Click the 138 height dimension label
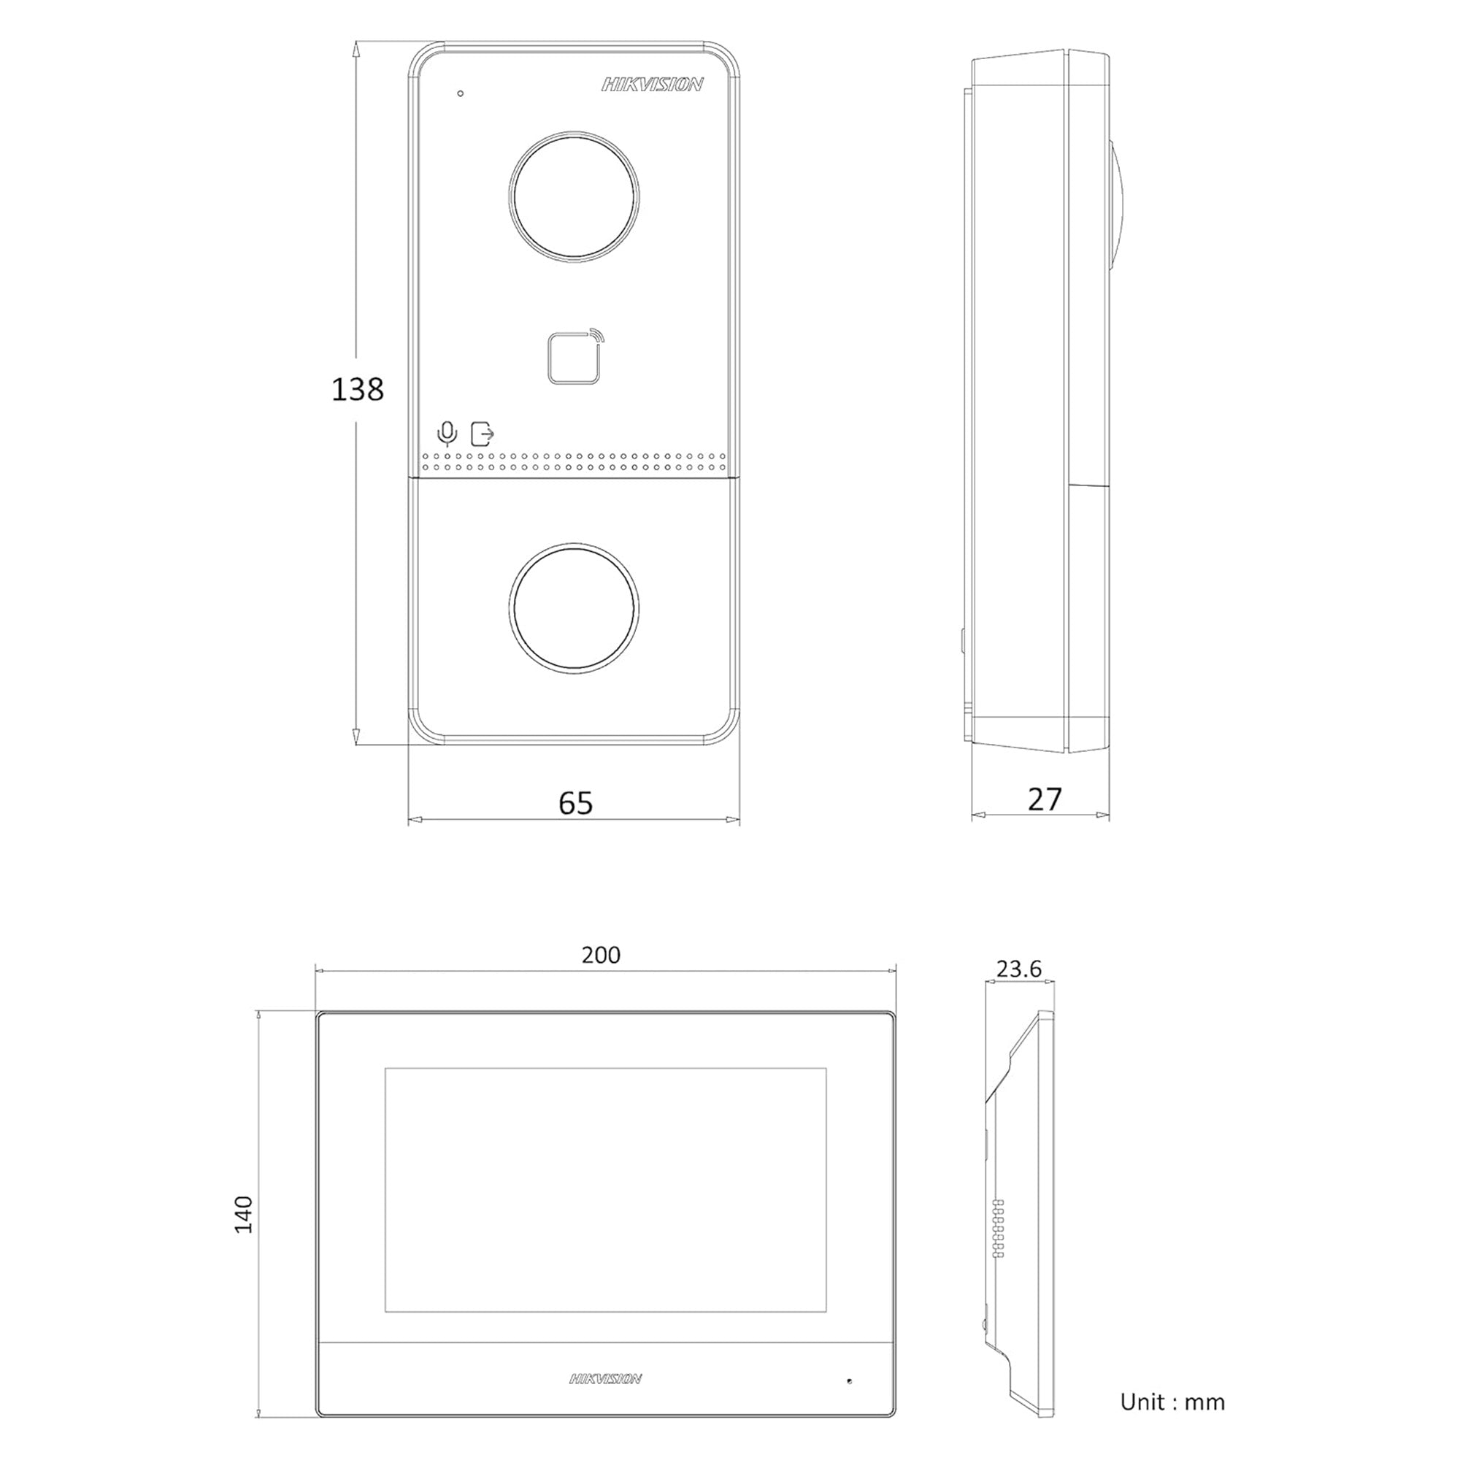coord(358,390)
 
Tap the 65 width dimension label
coord(576,802)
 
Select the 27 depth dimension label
coord(1045,799)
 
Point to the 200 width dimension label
coord(601,955)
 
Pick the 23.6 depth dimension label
coord(1018,969)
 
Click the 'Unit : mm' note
coord(1172,1402)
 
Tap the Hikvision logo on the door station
coord(652,85)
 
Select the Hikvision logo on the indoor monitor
coord(605,1379)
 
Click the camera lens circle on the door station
coord(574,197)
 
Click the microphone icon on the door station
coord(447,434)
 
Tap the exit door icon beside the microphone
coord(482,434)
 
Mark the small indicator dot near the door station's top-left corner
coord(460,93)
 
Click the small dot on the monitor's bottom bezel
coord(850,1381)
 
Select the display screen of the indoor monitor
coord(605,1190)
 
